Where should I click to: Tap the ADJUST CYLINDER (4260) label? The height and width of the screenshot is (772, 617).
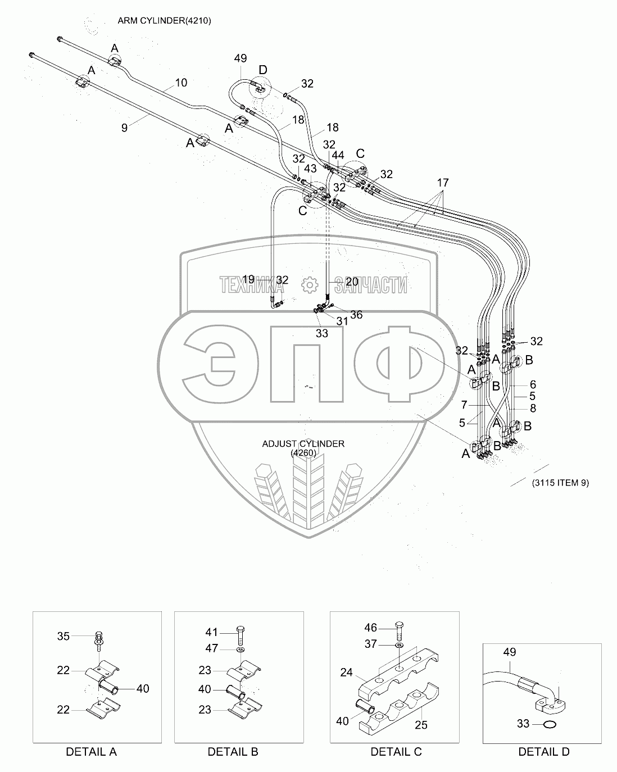tap(303, 448)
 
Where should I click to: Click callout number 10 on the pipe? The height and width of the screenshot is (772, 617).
tap(180, 83)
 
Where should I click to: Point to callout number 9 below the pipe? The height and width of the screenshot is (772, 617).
tap(125, 128)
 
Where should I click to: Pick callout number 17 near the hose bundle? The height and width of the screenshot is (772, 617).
tap(443, 182)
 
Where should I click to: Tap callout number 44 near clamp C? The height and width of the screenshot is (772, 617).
tap(338, 155)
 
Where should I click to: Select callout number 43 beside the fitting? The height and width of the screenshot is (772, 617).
tap(310, 169)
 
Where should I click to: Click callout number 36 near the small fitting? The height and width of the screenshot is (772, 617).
tap(356, 315)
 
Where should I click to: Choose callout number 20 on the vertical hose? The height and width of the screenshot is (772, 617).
tap(352, 281)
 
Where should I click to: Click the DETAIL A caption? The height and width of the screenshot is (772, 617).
tap(91, 752)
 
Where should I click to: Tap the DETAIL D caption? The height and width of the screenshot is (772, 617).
tap(543, 752)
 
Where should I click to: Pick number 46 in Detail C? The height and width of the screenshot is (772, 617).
tap(370, 628)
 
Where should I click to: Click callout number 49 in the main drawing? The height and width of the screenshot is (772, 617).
tap(240, 58)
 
